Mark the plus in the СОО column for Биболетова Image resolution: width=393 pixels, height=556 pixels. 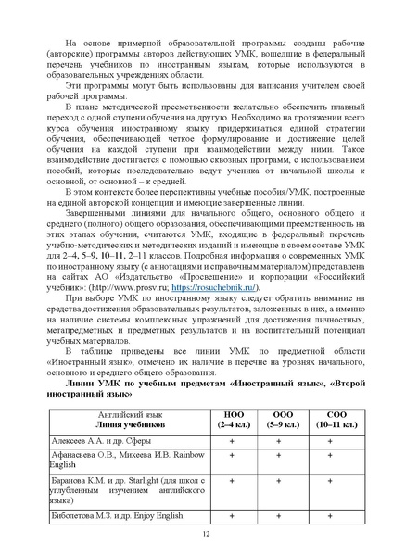[330, 513]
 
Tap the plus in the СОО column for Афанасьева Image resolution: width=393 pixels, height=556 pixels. [330, 455]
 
